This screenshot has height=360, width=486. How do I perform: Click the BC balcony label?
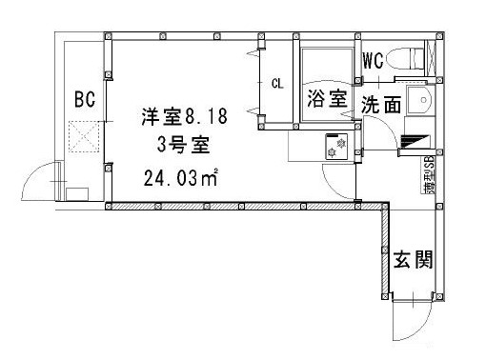pyautogui.click(x=83, y=98)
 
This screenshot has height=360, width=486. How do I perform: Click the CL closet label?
pyautogui.click(x=278, y=84)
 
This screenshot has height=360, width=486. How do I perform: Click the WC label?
pyautogui.click(x=373, y=61)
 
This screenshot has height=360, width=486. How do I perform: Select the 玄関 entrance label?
pyautogui.click(x=413, y=258)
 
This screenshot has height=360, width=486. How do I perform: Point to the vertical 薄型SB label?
pyautogui.click(x=429, y=177)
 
